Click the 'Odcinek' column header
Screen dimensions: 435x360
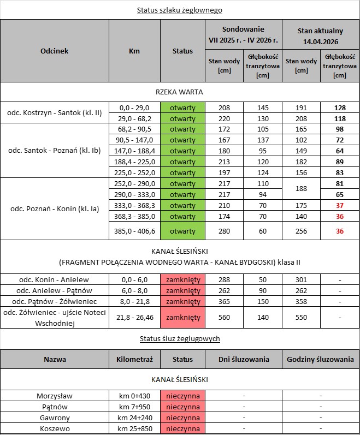[x=54, y=51]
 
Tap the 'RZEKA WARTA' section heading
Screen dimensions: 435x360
[x=180, y=91]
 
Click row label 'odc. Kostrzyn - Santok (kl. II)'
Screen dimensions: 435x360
[x=55, y=112]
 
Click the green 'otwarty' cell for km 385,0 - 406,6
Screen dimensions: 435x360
[x=182, y=231]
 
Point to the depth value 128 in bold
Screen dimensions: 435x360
[x=340, y=108]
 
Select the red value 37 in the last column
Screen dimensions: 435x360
[x=340, y=205]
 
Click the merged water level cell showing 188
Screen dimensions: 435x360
[x=301, y=189]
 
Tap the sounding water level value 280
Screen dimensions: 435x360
[x=223, y=231]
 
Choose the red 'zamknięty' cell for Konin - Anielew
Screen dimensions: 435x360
[x=182, y=279]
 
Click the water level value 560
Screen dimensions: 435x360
[x=223, y=317]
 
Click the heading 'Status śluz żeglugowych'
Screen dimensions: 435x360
[x=180, y=339]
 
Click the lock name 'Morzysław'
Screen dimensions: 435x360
[x=54, y=396]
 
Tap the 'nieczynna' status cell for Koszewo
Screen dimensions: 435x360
[x=182, y=429]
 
